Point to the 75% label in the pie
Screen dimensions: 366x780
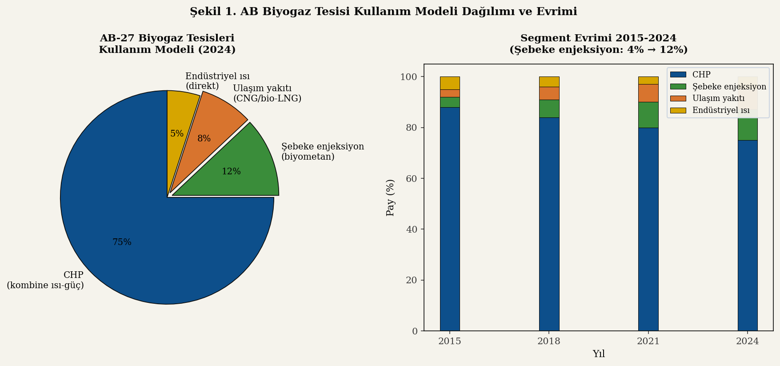(122, 242)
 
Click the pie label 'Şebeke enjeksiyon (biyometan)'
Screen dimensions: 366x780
(322, 152)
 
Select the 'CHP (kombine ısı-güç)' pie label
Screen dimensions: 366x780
(45, 280)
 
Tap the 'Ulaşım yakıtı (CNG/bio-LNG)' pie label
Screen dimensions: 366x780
(267, 93)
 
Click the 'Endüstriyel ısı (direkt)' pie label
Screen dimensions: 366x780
(217, 81)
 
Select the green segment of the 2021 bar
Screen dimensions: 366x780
(648, 115)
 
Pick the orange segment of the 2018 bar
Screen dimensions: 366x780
(549, 93)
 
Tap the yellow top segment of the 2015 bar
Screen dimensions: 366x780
(450, 83)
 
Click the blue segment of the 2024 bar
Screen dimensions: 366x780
(747, 236)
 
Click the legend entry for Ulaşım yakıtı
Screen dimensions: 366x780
(718, 98)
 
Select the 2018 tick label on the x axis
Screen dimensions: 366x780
(549, 342)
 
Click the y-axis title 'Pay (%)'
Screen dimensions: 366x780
(390, 197)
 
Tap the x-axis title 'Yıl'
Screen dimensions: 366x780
(599, 354)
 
